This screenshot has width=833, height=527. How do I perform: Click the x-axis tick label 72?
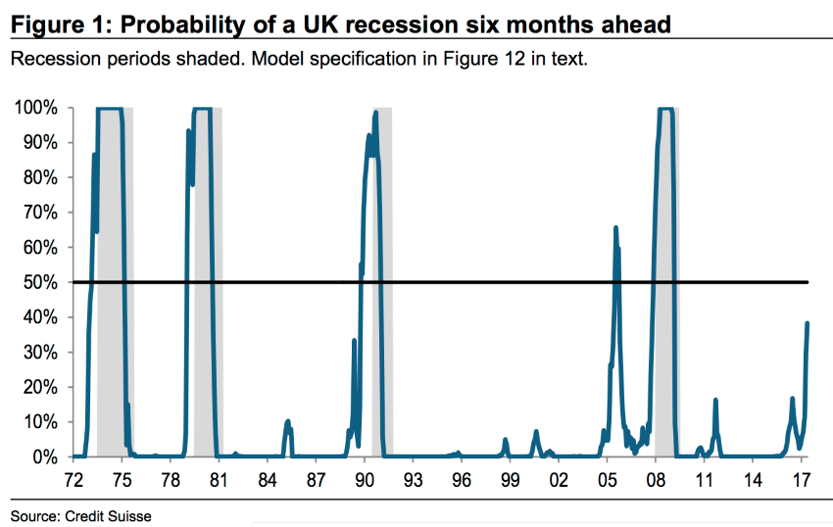pos(73,481)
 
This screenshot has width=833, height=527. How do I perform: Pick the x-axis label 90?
pos(364,481)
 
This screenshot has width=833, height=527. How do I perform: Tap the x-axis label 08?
pos(655,481)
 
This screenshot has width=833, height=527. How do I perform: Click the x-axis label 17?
pos(800,481)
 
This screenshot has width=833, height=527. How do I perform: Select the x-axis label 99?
pos(509,481)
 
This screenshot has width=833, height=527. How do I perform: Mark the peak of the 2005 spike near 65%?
pos(615,227)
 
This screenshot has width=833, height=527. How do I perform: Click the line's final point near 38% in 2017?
pos(808,323)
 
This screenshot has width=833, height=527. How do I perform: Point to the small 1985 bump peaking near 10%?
pos(288,421)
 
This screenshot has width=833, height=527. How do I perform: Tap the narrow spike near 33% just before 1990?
pos(354,341)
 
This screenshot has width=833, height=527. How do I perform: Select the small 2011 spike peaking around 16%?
pos(716,400)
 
